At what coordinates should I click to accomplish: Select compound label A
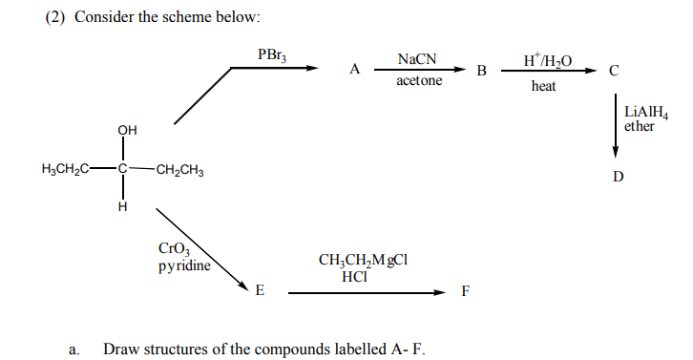coord(355,69)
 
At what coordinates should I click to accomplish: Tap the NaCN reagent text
coord(417,59)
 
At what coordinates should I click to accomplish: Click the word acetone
coord(419,81)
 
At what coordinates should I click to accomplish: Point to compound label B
coord(481,71)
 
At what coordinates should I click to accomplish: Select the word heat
coord(544,87)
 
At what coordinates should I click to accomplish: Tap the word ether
coord(639,126)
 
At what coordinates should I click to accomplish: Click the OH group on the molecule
coord(126,131)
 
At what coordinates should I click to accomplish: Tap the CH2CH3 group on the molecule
coord(178,171)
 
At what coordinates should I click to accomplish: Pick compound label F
coord(465,291)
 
